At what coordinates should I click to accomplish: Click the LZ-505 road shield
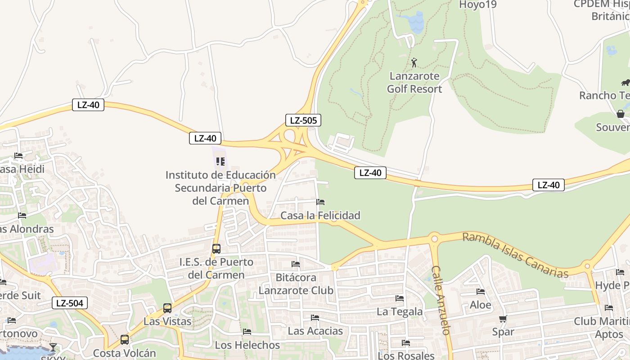(x=303, y=120)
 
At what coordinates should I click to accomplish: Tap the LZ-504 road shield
(x=69, y=303)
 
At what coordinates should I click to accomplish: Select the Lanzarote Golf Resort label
(x=414, y=82)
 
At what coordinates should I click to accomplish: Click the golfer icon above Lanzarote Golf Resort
(x=414, y=63)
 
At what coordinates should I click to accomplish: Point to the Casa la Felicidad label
(x=320, y=216)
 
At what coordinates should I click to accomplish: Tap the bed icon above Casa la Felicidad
(x=320, y=202)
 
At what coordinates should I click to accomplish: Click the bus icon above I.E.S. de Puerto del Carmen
(x=216, y=248)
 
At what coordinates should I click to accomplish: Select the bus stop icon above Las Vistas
(x=167, y=308)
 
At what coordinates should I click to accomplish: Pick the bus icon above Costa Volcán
(x=125, y=340)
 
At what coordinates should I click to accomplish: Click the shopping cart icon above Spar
(x=503, y=319)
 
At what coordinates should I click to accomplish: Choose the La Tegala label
(x=400, y=311)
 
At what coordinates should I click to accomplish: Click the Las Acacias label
(x=315, y=331)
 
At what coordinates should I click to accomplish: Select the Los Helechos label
(x=247, y=345)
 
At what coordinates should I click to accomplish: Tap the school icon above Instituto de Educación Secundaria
(x=220, y=161)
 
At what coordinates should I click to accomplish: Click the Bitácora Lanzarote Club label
(x=296, y=284)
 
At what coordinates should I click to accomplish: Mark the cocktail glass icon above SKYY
(x=53, y=347)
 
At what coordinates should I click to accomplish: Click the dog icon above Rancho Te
(x=625, y=82)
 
